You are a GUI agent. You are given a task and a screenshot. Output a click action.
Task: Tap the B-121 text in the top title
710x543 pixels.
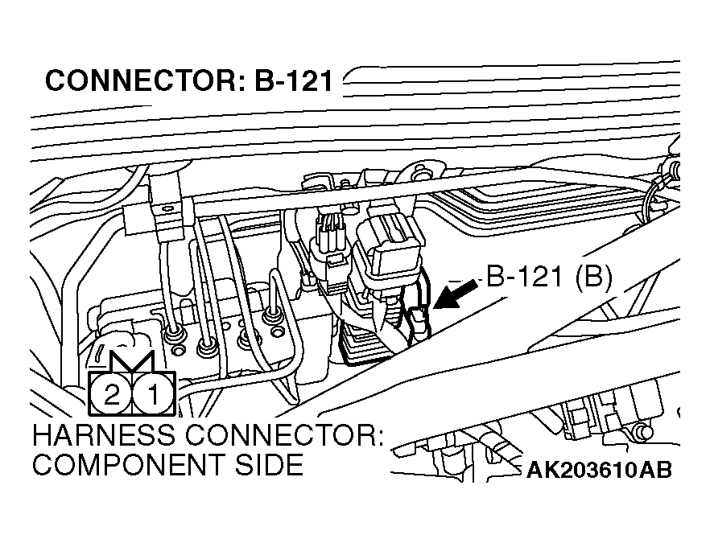[x=293, y=80]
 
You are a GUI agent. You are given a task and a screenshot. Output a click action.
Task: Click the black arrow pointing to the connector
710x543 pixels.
[x=455, y=294]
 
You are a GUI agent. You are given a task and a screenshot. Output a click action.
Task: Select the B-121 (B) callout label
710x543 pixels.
[x=549, y=277]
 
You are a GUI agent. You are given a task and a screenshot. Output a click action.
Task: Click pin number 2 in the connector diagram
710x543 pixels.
[x=111, y=393]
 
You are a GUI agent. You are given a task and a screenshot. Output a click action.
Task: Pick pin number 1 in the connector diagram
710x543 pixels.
[x=154, y=393]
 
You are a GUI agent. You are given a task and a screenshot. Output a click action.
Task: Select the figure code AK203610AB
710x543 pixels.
[x=599, y=470]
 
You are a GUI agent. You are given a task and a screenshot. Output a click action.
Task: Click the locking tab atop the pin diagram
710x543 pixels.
[x=132, y=360]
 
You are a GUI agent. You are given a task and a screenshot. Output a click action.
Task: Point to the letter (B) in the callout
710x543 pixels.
[x=593, y=277]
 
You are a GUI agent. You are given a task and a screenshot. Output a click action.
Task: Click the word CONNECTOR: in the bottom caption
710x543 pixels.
[x=284, y=435]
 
